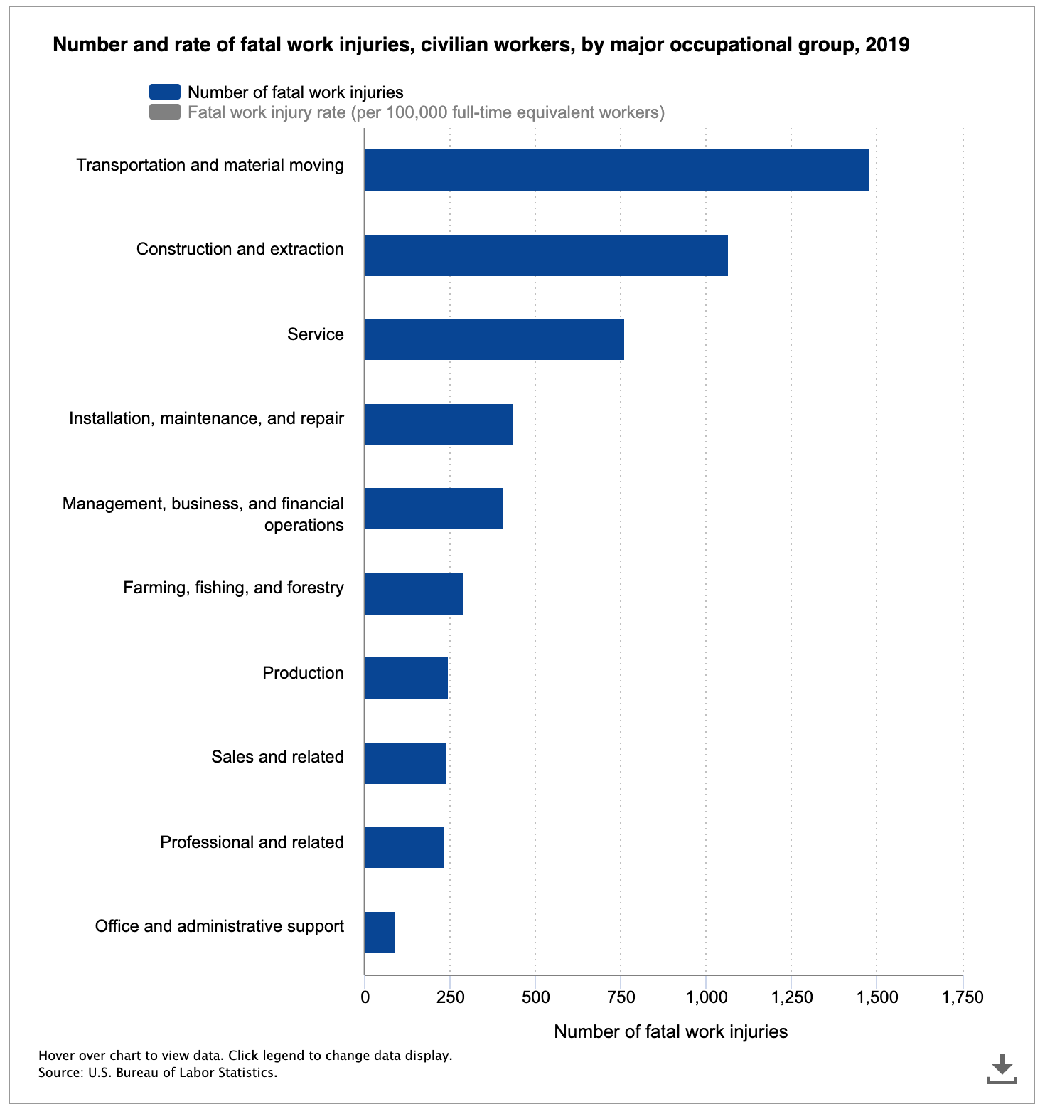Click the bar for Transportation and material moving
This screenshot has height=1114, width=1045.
616,170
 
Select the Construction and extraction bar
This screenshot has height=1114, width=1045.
546,255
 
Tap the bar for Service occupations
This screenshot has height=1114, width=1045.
494,339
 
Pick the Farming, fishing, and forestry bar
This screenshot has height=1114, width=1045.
414,594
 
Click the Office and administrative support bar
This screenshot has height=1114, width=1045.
380,933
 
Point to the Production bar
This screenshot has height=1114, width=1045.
406,678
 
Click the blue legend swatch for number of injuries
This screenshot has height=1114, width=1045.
164,92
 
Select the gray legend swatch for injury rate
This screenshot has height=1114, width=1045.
164,112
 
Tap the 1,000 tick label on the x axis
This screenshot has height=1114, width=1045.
706,997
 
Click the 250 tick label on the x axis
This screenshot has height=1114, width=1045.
450,997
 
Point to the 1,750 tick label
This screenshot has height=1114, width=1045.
963,997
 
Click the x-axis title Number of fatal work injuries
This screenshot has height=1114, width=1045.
670,1031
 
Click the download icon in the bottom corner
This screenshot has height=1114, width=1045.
1002,1069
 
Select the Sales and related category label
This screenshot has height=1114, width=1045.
277,757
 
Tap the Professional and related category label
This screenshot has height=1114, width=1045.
252,842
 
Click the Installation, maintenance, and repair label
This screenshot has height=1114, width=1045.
206,418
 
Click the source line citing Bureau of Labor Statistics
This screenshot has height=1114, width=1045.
158,1073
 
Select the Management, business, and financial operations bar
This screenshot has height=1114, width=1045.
434,509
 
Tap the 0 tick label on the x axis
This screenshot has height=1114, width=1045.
365,997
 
